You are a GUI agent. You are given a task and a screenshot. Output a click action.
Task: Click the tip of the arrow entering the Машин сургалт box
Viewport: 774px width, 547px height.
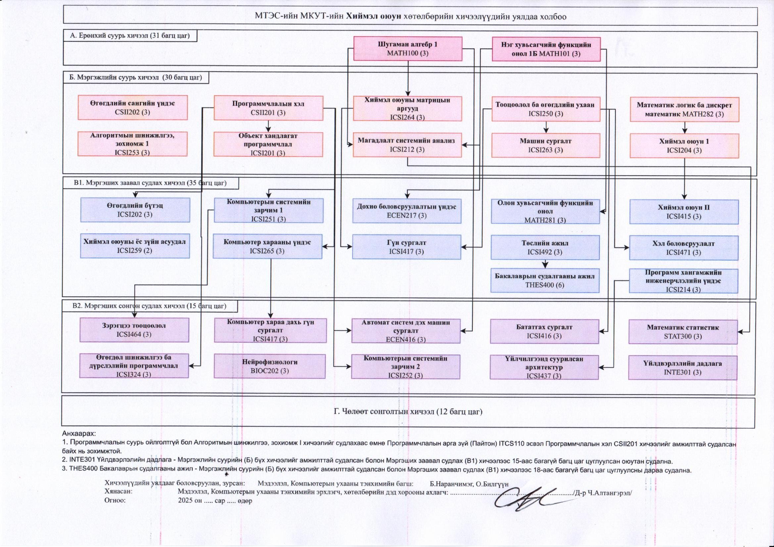pos(546,133)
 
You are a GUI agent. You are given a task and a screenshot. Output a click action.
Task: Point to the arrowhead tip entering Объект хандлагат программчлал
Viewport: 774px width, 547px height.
pos(268,132)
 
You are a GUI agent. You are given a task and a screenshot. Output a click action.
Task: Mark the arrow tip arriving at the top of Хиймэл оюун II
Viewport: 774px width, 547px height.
pos(684,199)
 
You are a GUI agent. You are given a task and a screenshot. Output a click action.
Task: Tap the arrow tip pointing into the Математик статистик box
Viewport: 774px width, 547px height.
pos(738,332)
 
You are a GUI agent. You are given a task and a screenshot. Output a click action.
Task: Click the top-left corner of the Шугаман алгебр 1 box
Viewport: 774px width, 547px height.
pos(354,37)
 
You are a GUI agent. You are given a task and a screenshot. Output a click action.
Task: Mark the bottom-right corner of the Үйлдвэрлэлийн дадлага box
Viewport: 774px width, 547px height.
pos(737,380)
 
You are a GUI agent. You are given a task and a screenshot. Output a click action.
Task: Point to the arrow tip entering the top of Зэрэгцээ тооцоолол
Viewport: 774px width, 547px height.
pos(134,317)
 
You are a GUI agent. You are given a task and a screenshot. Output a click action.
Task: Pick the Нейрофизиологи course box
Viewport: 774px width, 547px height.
pos(270,366)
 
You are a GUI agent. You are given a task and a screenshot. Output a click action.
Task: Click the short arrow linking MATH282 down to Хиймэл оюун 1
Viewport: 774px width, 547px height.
pos(684,127)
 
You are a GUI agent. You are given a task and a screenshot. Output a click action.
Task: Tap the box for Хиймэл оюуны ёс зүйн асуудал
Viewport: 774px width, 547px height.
pos(135,246)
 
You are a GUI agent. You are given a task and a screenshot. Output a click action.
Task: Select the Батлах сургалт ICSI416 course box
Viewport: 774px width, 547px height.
pos(545,331)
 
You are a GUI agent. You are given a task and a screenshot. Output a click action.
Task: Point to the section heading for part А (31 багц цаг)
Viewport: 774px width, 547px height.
pos(130,36)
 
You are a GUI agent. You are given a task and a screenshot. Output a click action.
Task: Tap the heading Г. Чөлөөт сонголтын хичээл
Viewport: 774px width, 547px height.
pos(408,412)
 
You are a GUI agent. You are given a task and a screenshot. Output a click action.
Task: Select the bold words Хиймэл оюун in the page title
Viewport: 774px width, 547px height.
pos(373,17)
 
